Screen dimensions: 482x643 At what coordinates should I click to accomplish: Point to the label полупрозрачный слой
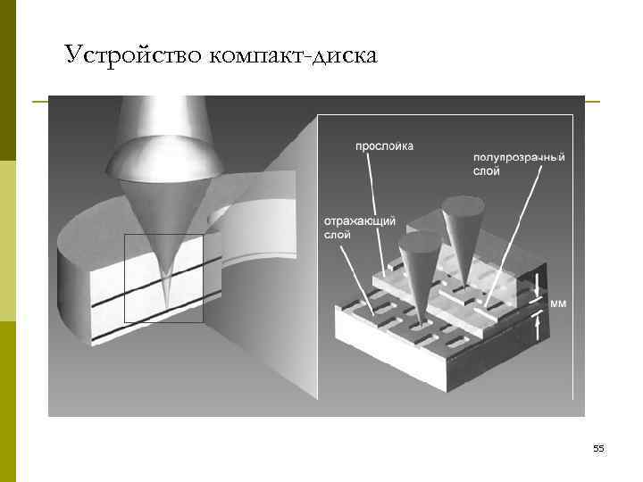(x=518, y=164)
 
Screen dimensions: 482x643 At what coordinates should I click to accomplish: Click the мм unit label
(x=557, y=303)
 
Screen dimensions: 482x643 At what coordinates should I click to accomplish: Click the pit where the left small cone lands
(x=418, y=327)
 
